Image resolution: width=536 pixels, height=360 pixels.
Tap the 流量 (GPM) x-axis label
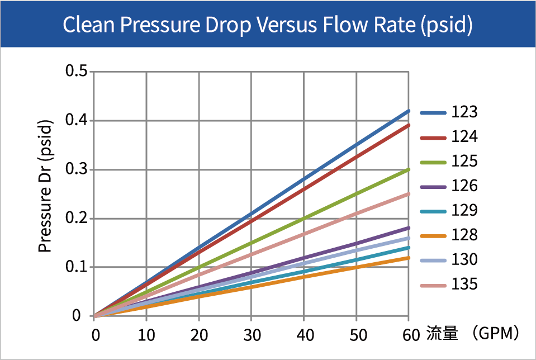473,334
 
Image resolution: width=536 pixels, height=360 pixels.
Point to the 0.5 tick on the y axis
76,72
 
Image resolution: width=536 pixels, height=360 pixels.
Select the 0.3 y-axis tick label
76,169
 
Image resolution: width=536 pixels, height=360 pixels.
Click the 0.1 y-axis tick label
76,267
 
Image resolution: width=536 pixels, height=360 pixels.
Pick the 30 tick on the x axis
252,335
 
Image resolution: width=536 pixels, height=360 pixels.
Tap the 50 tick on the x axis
357,335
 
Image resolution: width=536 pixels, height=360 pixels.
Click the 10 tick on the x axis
146,335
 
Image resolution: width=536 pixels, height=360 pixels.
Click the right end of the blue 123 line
409,111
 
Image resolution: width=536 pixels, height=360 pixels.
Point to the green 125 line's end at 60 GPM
409,169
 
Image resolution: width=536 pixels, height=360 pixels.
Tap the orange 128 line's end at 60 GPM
409,258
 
